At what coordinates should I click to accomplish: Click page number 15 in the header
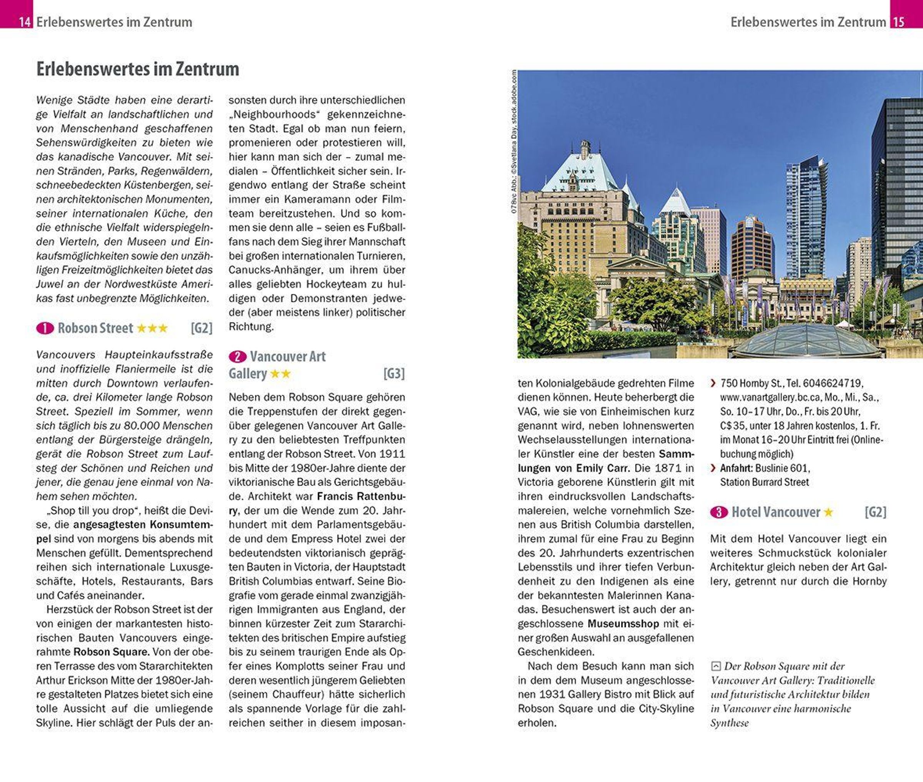point(898,22)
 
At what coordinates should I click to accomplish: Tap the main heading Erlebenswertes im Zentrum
point(137,69)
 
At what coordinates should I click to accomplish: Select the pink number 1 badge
point(45,328)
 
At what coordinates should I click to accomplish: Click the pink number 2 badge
point(238,357)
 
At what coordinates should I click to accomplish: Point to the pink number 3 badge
point(719,512)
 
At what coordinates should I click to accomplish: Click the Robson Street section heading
point(95,328)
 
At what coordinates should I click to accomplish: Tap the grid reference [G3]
point(394,374)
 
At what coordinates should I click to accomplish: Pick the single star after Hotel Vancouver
point(828,512)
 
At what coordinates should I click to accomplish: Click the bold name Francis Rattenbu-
point(361,496)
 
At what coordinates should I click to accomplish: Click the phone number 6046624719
point(833,383)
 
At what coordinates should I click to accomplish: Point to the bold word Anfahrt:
point(736,468)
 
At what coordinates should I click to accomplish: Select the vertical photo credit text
point(514,142)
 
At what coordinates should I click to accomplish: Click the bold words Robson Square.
point(111,652)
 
